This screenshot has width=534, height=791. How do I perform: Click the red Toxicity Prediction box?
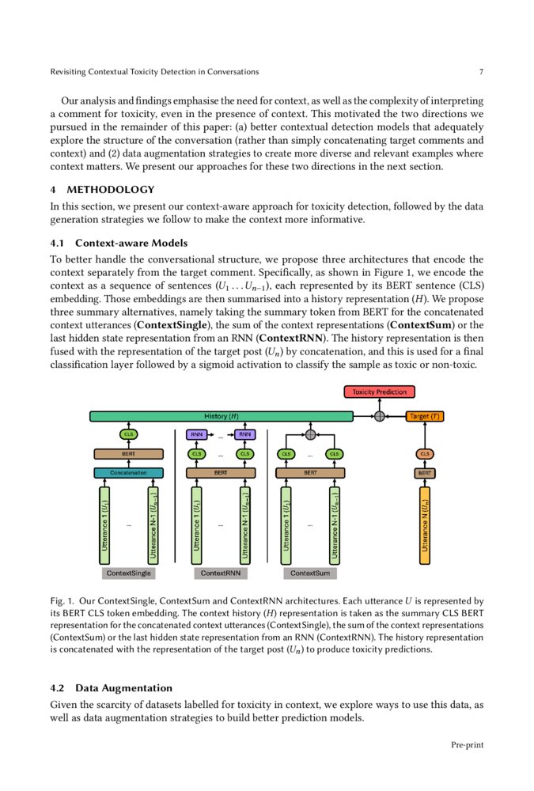(380, 392)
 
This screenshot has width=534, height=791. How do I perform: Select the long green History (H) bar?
(222, 416)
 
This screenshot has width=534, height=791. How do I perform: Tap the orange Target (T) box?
(424, 416)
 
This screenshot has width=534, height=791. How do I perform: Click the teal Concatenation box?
(128, 472)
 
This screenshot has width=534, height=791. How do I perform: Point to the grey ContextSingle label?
(128, 573)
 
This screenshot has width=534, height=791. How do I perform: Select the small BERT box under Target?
(425, 473)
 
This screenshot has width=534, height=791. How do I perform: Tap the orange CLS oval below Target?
(425, 454)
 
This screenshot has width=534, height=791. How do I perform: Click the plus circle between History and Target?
(380, 416)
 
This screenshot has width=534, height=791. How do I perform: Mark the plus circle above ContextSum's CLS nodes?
(310, 434)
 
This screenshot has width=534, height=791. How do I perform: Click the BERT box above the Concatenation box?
(128, 454)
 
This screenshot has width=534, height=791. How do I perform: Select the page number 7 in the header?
(481, 72)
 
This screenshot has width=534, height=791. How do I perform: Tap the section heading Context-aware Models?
(131, 242)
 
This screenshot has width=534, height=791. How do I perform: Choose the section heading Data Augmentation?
(123, 687)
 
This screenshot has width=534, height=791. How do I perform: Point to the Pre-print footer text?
(467, 744)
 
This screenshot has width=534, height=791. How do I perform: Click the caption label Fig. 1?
(62, 602)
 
